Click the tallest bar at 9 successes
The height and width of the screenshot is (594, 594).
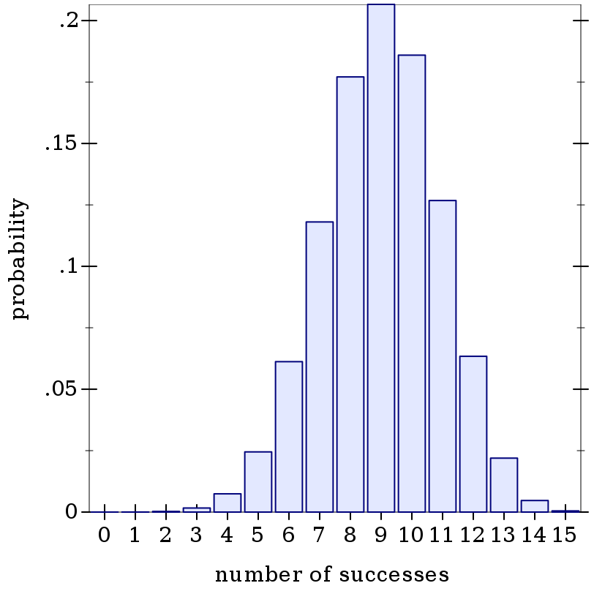[x=381, y=256]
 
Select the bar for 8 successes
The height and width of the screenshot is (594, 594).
[x=350, y=293]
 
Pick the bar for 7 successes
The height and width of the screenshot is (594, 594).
[x=320, y=366]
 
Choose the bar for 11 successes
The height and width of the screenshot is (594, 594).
[x=443, y=356]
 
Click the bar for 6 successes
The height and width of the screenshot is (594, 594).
[x=289, y=436]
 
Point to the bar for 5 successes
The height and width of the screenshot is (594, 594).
[x=258, y=481]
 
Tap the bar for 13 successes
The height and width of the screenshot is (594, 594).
[x=504, y=484]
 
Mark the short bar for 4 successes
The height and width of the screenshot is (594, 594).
[x=228, y=503]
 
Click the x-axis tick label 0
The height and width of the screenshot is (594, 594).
[x=104, y=535]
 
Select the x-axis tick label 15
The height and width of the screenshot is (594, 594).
[x=565, y=535]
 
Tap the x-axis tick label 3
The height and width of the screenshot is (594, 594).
[x=196, y=535]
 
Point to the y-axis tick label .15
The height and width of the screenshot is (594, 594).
[x=61, y=143]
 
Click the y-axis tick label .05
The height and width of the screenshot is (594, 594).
[x=61, y=389]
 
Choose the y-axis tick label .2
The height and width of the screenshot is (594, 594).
[x=68, y=20]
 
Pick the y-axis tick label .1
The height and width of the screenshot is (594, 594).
[x=68, y=266]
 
